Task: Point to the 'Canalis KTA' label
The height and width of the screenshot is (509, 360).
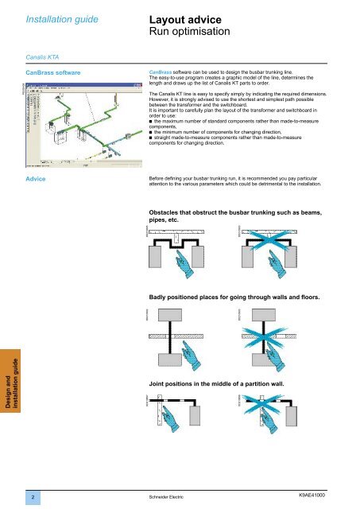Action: point(41,56)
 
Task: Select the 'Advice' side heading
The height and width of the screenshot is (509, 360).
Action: point(38,179)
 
